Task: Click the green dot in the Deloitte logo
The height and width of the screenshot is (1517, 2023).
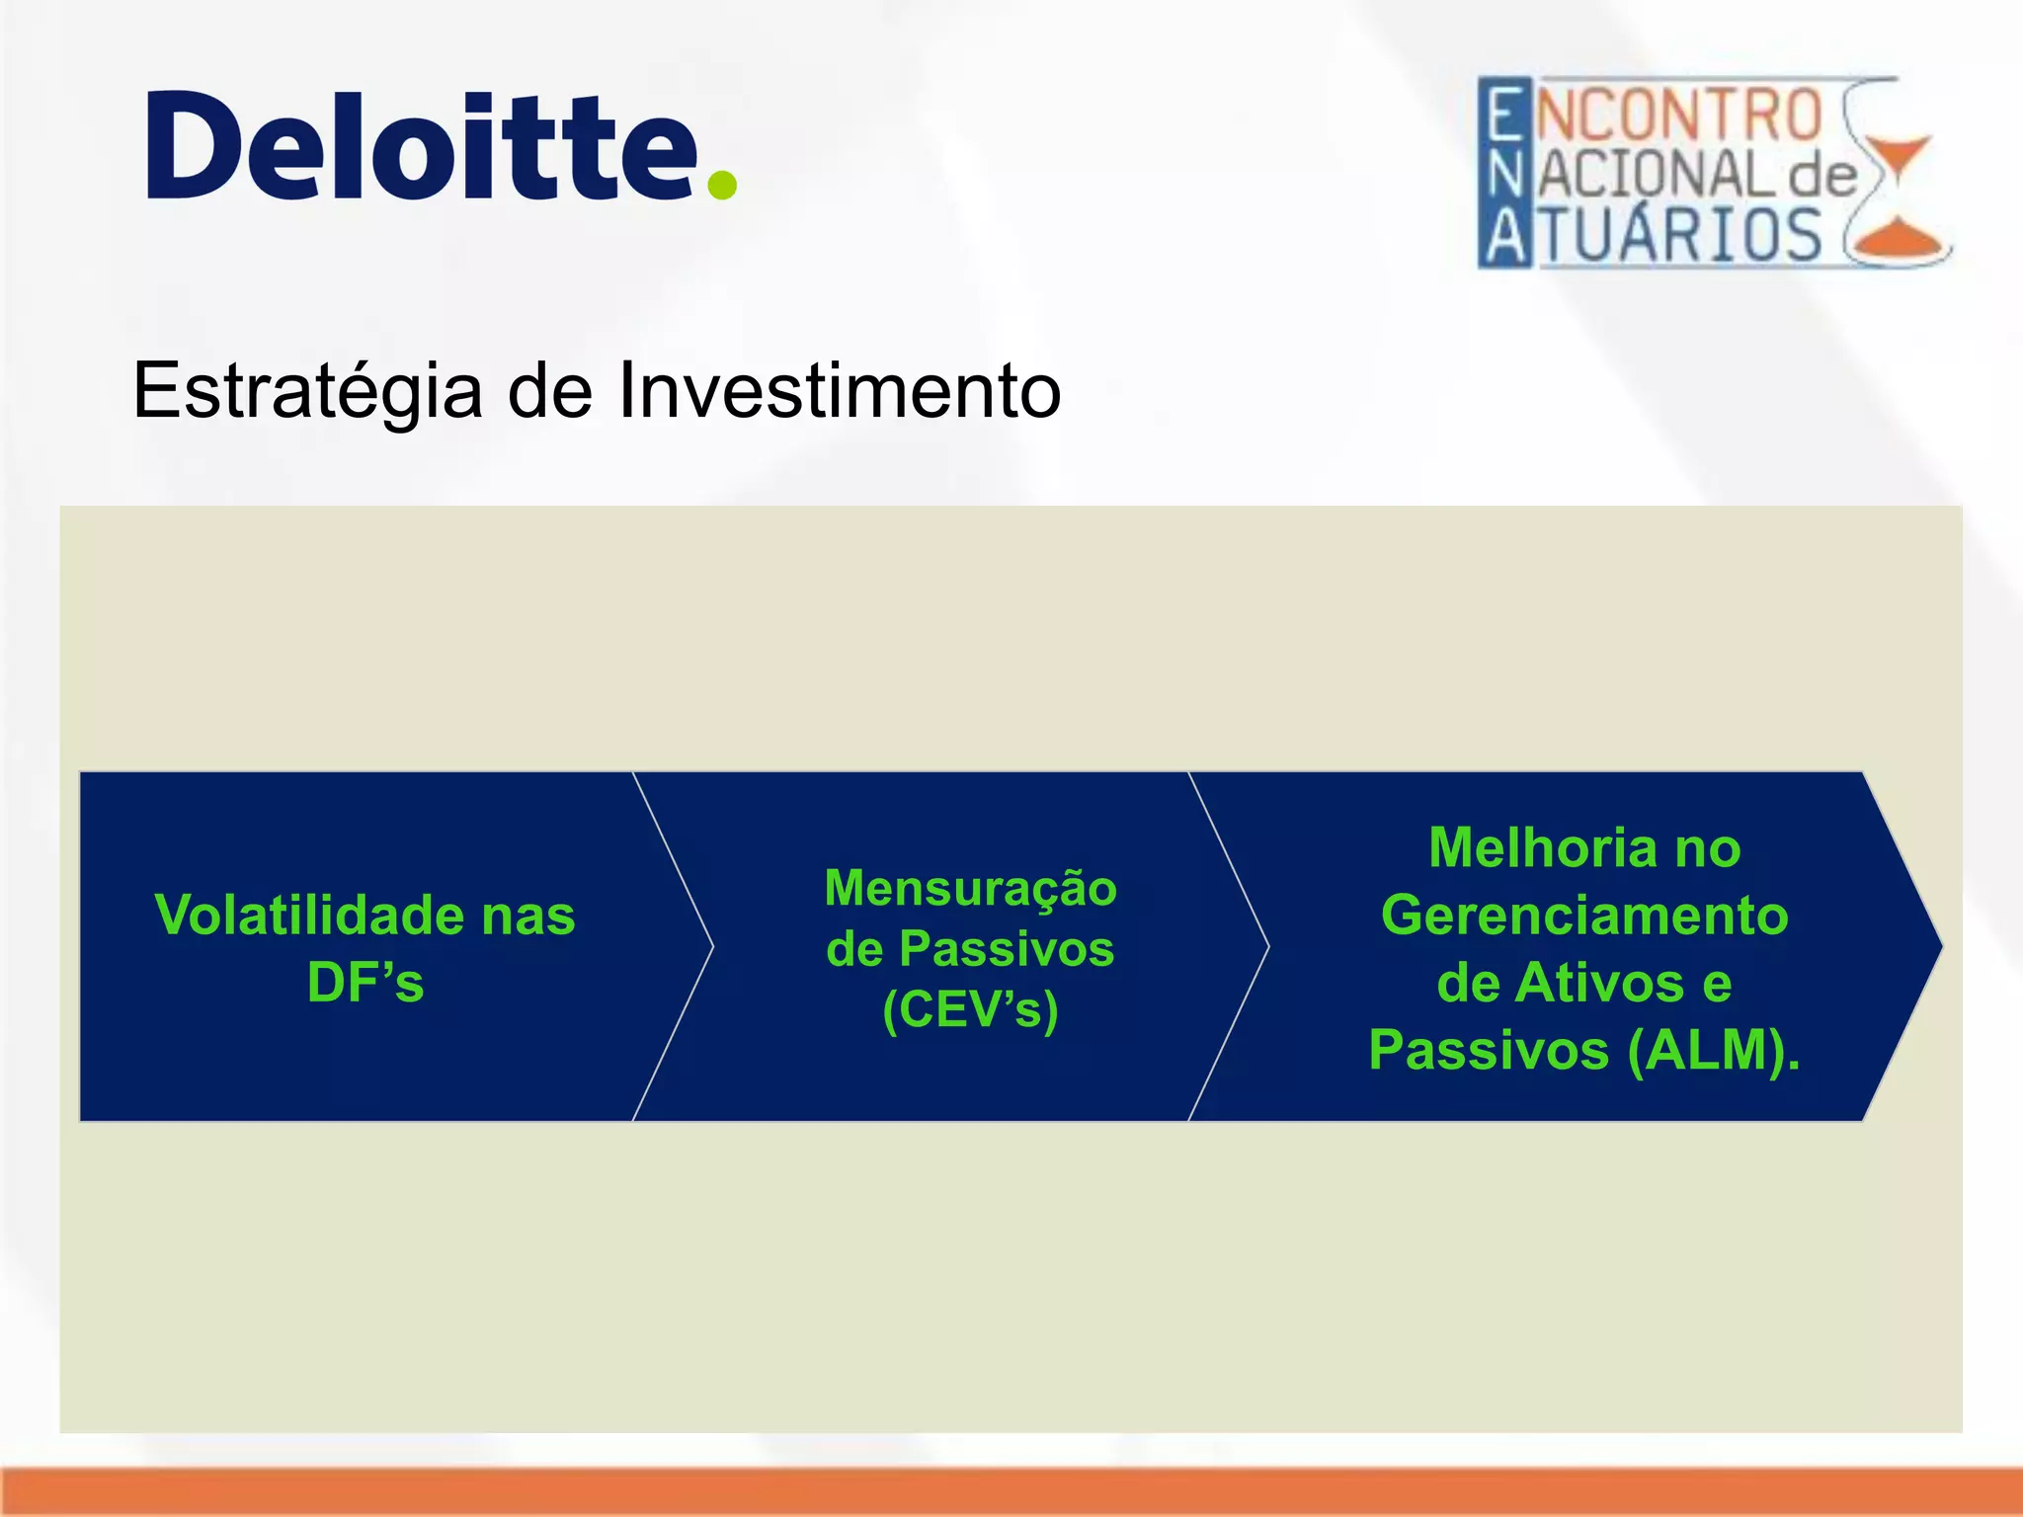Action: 722,185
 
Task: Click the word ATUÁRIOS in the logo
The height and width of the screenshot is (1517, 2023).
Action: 1655,237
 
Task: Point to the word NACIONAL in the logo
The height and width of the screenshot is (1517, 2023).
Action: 1650,176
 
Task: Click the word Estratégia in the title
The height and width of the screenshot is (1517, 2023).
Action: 307,391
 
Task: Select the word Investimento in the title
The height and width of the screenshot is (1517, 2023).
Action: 840,391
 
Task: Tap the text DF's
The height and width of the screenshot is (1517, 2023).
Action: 365,983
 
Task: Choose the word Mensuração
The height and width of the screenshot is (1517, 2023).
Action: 970,887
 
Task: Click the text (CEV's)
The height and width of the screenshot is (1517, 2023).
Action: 970,1009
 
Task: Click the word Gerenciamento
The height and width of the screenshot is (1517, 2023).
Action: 1584,915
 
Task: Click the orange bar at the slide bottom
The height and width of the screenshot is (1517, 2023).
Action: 1011,1491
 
